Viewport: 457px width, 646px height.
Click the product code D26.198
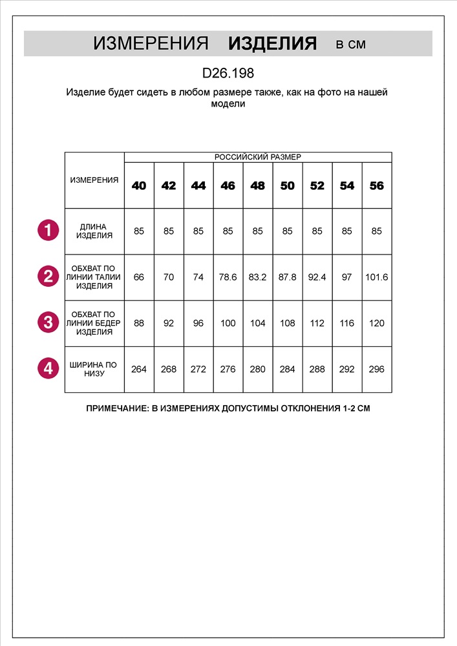pyautogui.click(x=228, y=74)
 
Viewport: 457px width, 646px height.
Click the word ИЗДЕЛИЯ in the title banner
pyautogui.click(x=272, y=44)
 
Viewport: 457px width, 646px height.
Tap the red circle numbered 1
pyautogui.click(x=48, y=231)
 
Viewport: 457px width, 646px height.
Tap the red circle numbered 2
pyautogui.click(x=48, y=277)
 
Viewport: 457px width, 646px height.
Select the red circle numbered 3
pyautogui.click(x=48, y=323)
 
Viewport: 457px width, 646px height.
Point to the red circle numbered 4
pyautogui.click(x=48, y=369)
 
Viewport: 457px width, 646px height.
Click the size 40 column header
pyautogui.click(x=139, y=186)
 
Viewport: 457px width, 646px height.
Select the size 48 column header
pyautogui.click(x=257, y=186)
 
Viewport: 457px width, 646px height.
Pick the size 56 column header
pyautogui.click(x=377, y=186)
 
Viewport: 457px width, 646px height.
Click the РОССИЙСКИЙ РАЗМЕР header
pyautogui.click(x=257, y=157)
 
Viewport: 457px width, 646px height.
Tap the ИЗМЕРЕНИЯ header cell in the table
pyautogui.click(x=94, y=180)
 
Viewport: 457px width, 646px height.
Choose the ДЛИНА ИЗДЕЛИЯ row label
pyautogui.click(x=94, y=231)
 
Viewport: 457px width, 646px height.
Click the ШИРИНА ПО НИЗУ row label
pyautogui.click(x=94, y=370)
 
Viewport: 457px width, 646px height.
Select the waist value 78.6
pyautogui.click(x=228, y=277)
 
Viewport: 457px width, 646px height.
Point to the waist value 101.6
pyautogui.click(x=377, y=277)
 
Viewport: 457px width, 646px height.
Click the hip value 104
pyautogui.click(x=257, y=323)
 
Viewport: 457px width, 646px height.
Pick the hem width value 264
pyautogui.click(x=139, y=370)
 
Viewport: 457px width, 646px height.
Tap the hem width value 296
pyautogui.click(x=377, y=370)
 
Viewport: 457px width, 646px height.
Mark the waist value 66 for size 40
pyautogui.click(x=139, y=277)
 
